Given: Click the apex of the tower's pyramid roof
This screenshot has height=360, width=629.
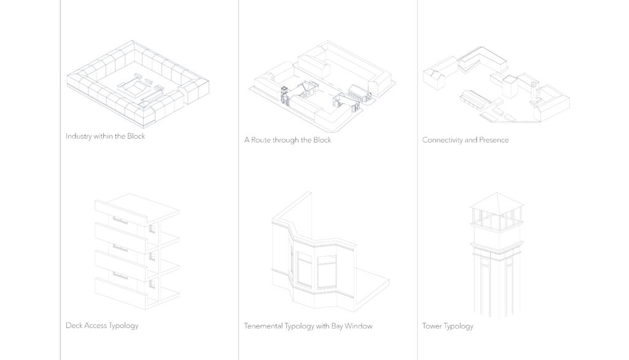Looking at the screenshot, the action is (496, 193).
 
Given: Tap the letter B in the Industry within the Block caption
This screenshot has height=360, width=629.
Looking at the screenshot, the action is (130, 136).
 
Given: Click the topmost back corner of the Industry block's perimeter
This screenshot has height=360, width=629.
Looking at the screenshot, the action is (133, 41).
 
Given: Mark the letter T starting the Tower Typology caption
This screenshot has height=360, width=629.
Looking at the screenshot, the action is (424, 326).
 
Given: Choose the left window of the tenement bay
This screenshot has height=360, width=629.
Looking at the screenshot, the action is (304, 269).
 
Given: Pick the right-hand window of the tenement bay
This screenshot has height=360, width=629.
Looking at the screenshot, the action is (327, 272).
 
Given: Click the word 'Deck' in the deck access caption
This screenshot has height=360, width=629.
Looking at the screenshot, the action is (74, 326).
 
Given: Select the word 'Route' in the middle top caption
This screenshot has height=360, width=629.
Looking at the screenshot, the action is (260, 140).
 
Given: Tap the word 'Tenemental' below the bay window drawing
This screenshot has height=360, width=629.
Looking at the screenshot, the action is (263, 326).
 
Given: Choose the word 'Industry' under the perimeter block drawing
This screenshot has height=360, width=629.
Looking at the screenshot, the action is (79, 136).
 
